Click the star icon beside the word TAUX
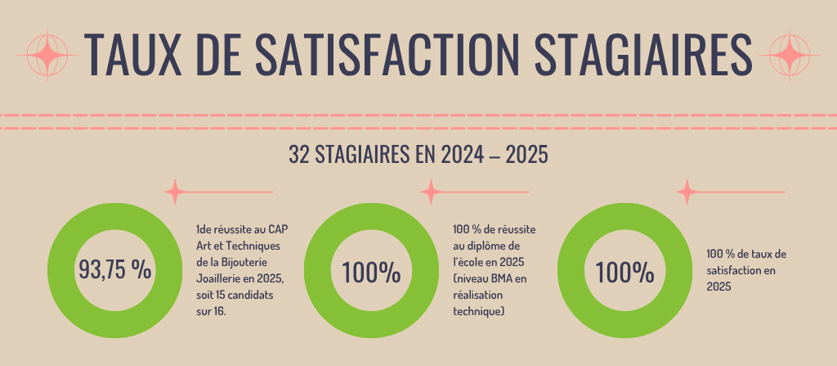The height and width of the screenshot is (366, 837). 49,53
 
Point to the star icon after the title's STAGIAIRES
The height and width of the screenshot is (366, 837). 789,53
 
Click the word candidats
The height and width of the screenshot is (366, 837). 262,295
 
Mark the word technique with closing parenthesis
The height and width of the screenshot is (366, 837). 478,312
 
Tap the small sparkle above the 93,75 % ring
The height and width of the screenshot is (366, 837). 174,192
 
